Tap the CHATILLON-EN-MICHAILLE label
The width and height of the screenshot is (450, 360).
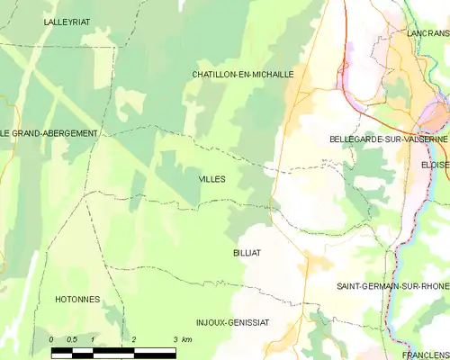tap(243, 75)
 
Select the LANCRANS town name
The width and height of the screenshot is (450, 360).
tap(427, 32)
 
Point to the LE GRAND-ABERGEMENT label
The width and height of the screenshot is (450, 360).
tap(49, 133)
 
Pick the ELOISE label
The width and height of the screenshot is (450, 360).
tap(434, 166)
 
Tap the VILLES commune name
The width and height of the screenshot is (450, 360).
tap(212, 179)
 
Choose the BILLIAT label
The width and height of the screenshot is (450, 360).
tap(246, 253)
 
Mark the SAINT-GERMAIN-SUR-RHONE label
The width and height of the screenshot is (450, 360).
tap(392, 286)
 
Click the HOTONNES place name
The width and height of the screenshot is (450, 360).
tap(77, 299)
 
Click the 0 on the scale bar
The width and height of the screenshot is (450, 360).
tap(51, 339)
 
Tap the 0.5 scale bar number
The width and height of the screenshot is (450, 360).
tap(73, 339)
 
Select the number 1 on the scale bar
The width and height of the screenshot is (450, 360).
tap(93, 339)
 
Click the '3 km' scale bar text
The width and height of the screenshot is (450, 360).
tap(181, 339)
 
